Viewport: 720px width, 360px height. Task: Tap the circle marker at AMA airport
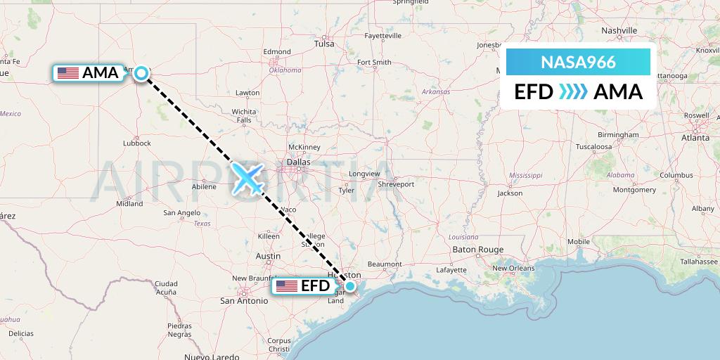click(x=142, y=73)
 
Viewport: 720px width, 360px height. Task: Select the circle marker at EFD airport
click(x=349, y=285)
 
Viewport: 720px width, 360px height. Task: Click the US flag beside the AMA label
click(x=68, y=72)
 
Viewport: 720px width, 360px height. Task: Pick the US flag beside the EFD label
click(x=286, y=286)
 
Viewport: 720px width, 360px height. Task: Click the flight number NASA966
click(x=578, y=63)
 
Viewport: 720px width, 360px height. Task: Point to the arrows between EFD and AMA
click(x=573, y=92)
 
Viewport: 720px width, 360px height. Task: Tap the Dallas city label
click(x=298, y=163)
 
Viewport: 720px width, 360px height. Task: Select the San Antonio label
click(x=244, y=301)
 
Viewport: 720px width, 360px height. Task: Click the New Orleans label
click(x=513, y=268)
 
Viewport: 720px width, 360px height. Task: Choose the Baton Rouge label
click(x=478, y=250)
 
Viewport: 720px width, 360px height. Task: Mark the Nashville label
click(x=619, y=31)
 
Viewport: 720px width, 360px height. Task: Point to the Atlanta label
click(x=695, y=139)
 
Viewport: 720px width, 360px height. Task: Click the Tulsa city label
click(x=324, y=44)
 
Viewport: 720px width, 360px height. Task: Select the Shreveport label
click(x=395, y=184)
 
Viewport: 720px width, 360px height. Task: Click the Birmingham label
click(x=618, y=134)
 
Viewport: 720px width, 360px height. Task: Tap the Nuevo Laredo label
click(x=210, y=356)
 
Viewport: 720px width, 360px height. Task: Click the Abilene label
click(x=204, y=187)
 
